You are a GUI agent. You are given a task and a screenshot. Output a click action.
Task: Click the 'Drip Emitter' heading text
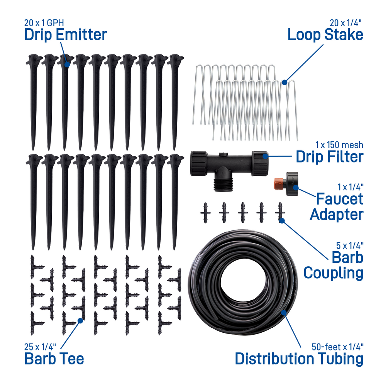click(66, 35)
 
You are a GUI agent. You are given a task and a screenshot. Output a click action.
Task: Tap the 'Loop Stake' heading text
click(325, 35)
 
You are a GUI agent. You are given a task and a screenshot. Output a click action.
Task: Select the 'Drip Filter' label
click(330, 157)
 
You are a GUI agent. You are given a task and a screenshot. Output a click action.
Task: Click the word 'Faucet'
click(339, 199)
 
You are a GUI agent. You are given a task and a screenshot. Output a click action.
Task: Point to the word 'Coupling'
click(334, 274)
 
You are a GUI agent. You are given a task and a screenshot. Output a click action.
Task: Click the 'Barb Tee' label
click(54, 359)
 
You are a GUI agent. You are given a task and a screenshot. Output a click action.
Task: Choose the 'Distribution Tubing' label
click(299, 359)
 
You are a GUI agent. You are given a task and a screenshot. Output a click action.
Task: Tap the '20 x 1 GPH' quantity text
click(44, 23)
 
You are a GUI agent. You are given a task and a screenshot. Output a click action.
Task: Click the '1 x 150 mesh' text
click(339, 145)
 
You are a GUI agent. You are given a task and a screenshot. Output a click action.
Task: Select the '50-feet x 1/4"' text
click(337, 347)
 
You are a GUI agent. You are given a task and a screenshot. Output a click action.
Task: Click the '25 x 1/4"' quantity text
click(40, 347)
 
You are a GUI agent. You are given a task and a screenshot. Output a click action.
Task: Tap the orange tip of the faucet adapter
click(278, 184)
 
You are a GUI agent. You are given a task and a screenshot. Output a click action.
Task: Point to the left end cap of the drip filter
click(198, 164)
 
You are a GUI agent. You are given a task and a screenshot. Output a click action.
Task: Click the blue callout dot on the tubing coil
click(284, 313)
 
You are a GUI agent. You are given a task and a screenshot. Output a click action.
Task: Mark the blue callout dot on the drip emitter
click(67, 64)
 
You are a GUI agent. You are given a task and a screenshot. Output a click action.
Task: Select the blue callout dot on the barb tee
click(80, 320)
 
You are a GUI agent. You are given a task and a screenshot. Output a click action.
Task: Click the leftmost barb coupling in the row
click(205, 213)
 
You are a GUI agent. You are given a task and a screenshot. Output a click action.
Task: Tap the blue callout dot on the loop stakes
click(284, 83)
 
